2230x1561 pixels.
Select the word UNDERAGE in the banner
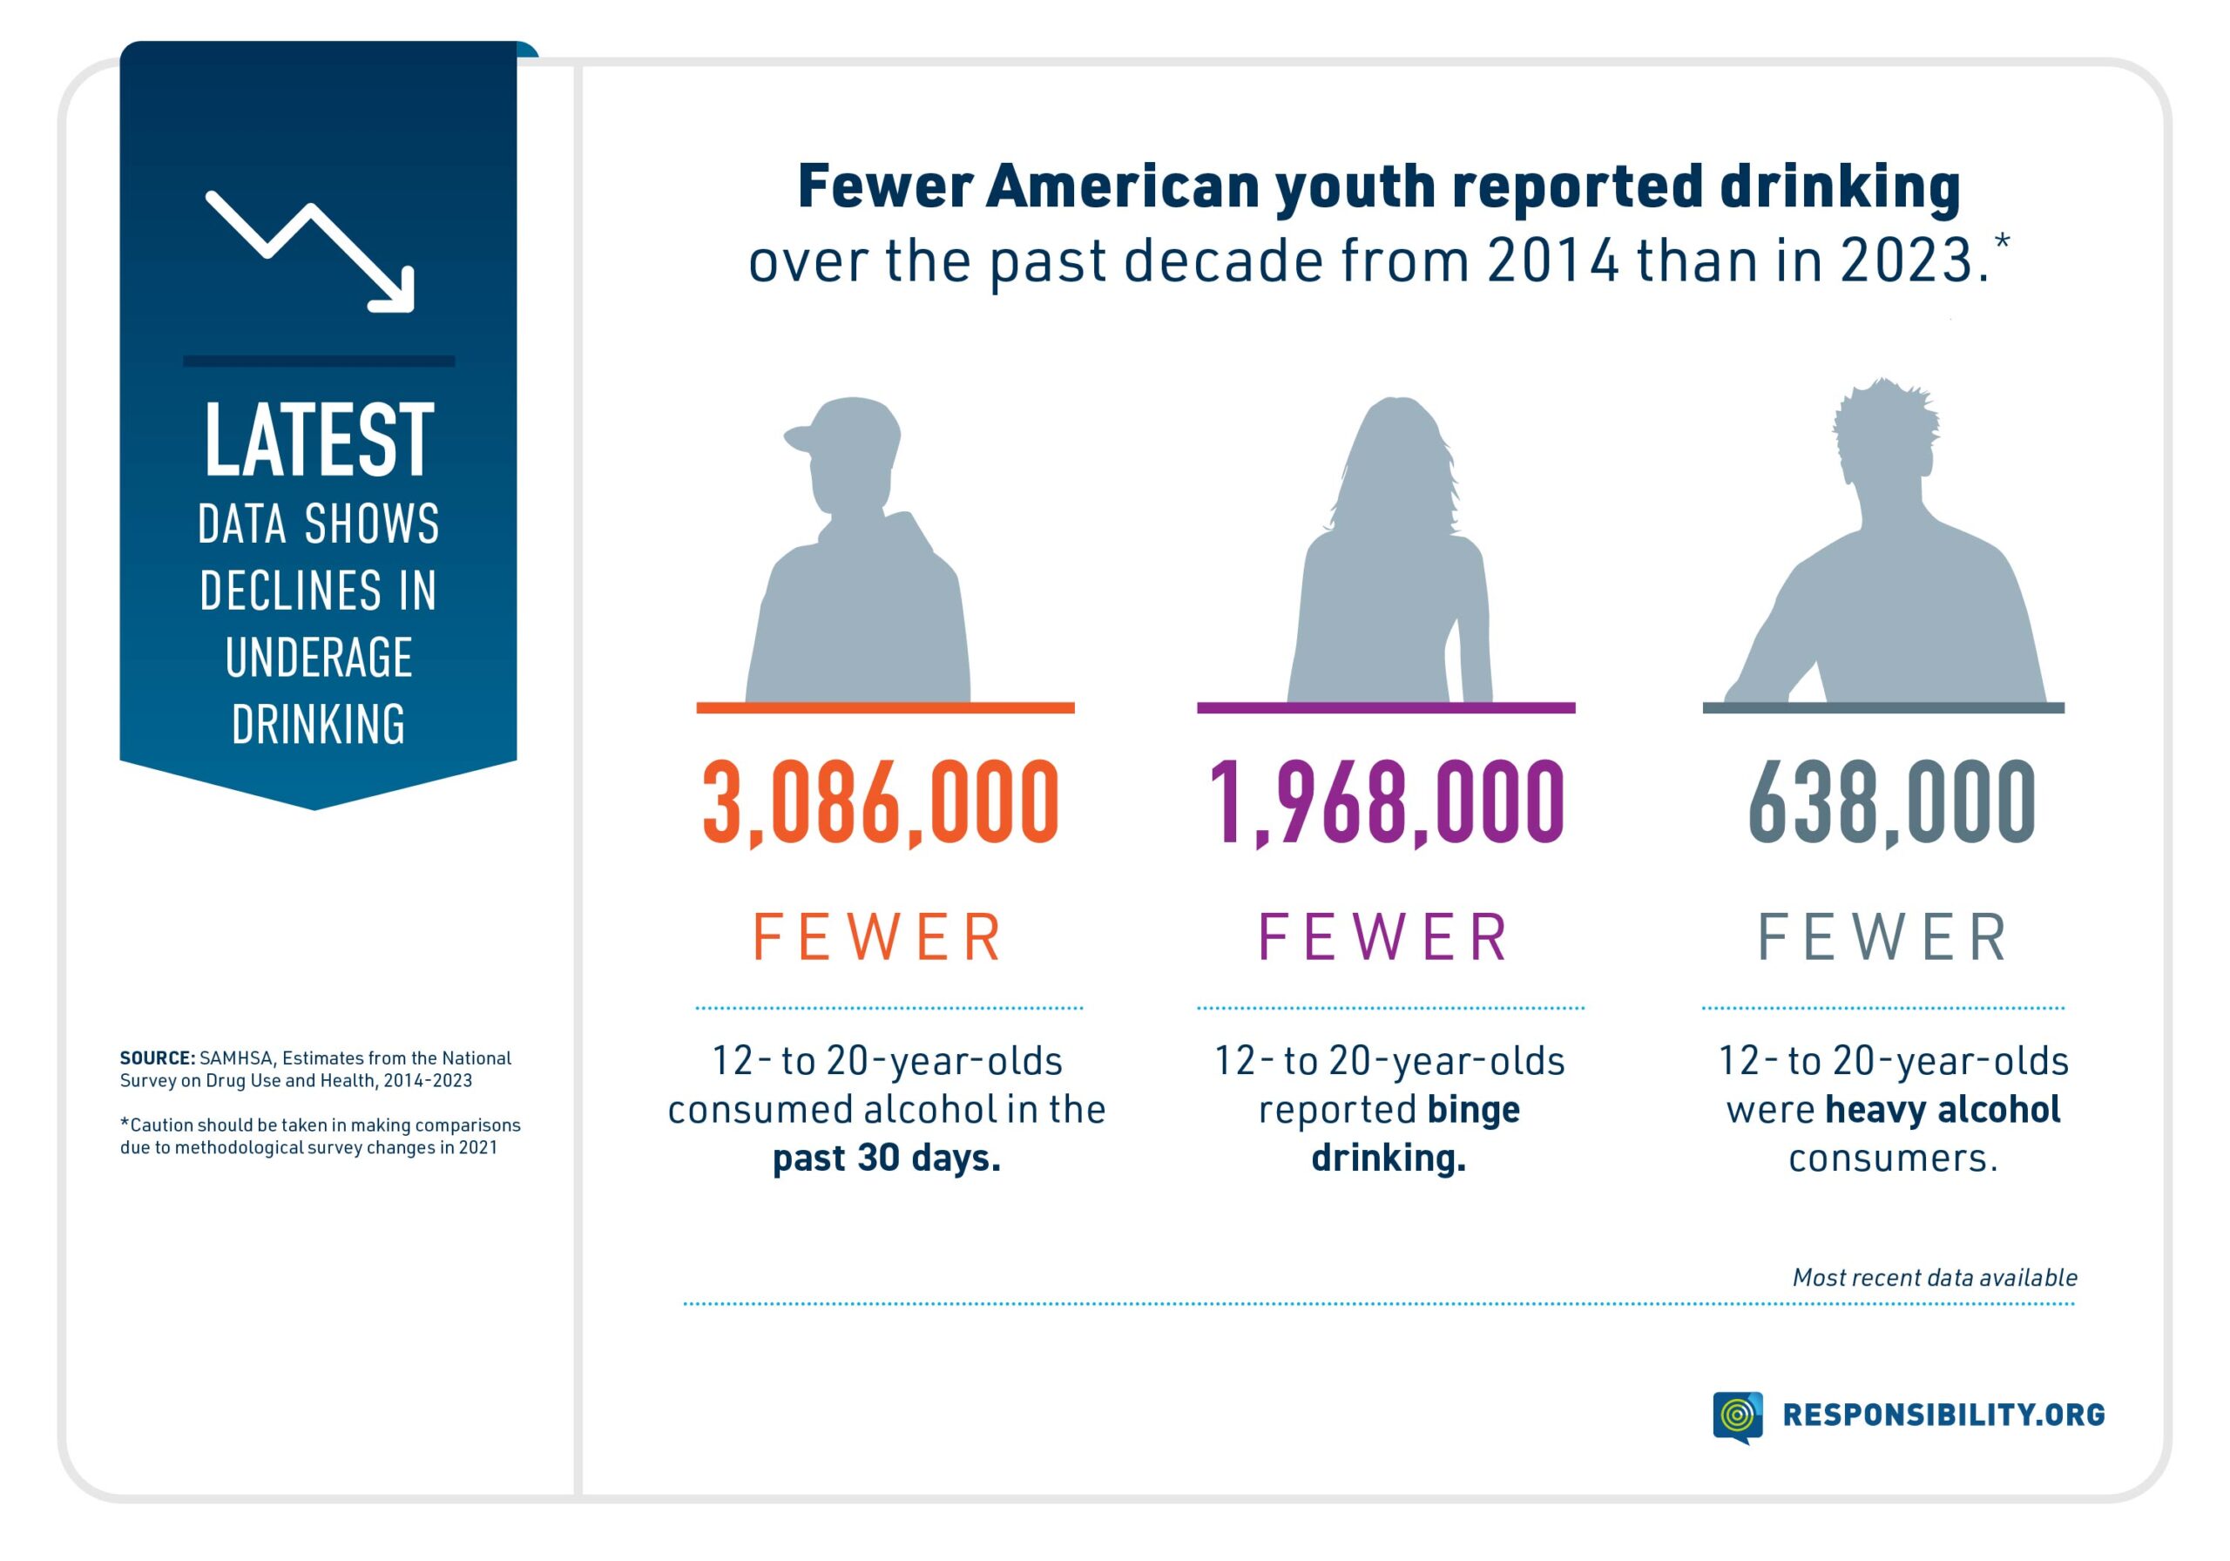point(319,658)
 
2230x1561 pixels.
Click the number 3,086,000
point(880,802)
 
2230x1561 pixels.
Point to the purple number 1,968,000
point(1386,802)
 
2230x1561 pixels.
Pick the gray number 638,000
point(1891,802)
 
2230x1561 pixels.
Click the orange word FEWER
point(878,937)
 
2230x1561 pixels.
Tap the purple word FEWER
point(1384,937)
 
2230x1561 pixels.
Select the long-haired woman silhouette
point(1391,564)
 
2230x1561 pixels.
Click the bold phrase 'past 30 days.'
point(886,1158)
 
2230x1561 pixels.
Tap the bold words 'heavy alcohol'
point(1943,1109)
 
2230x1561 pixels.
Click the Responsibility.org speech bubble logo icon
point(1738,1416)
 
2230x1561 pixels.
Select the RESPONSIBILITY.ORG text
point(1943,1415)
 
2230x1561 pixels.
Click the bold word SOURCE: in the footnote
point(157,1058)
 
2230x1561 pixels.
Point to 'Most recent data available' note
point(1935,1277)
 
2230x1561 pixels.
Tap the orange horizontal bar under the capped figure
point(885,708)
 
